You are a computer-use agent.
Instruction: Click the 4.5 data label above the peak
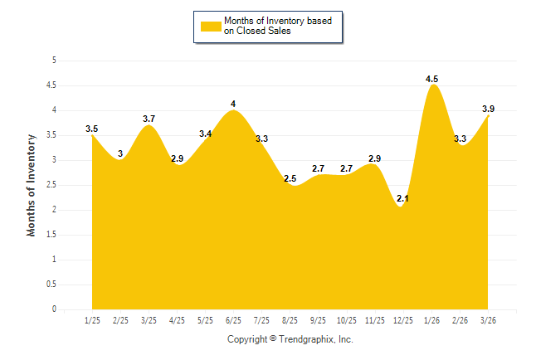pyautogui.click(x=432, y=79)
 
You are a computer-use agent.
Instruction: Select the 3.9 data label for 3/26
pyautogui.click(x=489, y=109)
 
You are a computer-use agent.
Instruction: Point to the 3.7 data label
pyautogui.click(x=149, y=119)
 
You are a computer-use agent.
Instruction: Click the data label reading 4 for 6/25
pyautogui.click(x=233, y=104)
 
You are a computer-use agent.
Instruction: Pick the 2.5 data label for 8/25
pyautogui.click(x=290, y=178)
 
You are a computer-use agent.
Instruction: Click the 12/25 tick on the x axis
pyautogui.click(x=403, y=319)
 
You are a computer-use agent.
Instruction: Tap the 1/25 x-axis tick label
pyautogui.click(x=92, y=319)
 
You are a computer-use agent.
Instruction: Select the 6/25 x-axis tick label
pyautogui.click(x=233, y=319)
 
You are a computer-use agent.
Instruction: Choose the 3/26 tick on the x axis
pyautogui.click(x=489, y=319)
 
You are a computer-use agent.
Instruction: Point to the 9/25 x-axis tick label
pyautogui.click(x=318, y=319)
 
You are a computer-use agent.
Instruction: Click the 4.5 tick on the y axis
pyautogui.click(x=51, y=85)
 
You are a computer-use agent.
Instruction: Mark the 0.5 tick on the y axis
pyautogui.click(x=51, y=285)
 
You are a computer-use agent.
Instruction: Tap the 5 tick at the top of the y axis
pyautogui.click(x=54, y=60)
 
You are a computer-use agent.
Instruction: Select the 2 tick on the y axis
pyautogui.click(x=54, y=209)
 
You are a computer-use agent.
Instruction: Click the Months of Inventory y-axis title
pyautogui.click(x=32, y=185)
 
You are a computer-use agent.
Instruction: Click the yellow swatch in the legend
pyautogui.click(x=210, y=26)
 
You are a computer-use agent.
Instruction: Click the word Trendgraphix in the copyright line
pyautogui.click(x=306, y=339)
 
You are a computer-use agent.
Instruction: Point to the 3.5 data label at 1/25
pyautogui.click(x=92, y=129)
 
